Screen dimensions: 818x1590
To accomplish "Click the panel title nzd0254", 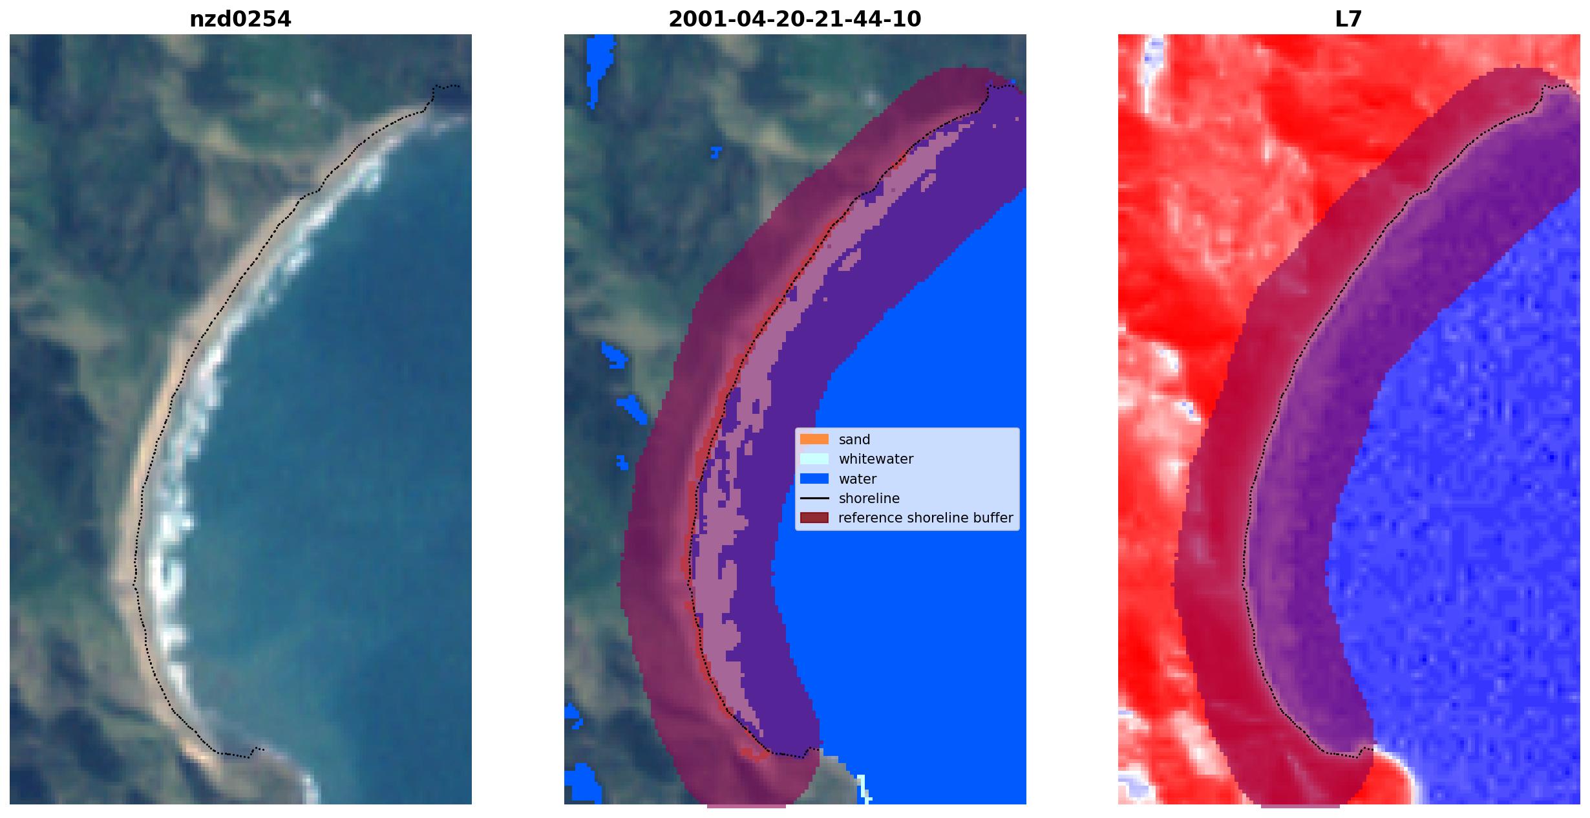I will click(x=240, y=19).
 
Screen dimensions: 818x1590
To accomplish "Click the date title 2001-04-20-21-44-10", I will click(x=794, y=19).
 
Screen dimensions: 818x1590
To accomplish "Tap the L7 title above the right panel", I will click(x=1348, y=19).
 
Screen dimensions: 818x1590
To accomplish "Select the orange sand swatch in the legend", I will click(x=814, y=440).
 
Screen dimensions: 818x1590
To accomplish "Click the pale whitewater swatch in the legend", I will click(x=814, y=459).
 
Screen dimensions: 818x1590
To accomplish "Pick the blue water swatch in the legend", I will click(x=814, y=479).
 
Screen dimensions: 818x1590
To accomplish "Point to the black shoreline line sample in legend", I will click(x=814, y=499).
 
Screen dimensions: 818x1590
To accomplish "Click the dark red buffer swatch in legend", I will click(x=814, y=518).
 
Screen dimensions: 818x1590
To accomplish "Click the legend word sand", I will click(x=854, y=440).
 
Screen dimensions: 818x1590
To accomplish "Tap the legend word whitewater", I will click(x=876, y=459).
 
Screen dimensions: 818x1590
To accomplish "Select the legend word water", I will click(x=857, y=479).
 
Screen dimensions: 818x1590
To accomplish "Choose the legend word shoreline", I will click(x=869, y=499).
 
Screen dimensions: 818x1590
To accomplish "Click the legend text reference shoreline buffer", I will click(x=926, y=518).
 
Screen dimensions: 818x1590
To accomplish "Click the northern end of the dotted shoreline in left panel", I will click(x=458, y=86).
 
